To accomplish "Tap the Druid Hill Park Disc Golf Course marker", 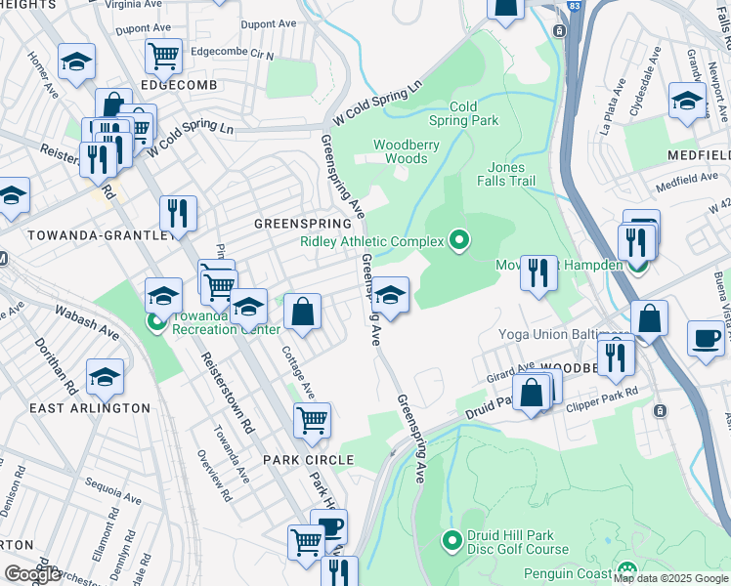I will [451, 539].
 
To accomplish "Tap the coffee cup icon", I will [706, 339].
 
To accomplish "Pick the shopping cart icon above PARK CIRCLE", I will [312, 420].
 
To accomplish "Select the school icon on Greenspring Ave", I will [390, 296].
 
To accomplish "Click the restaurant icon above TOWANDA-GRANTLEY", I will [177, 212].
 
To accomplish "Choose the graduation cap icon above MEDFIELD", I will [687, 101].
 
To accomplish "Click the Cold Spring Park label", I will [463, 113].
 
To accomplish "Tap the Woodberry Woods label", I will [401, 151].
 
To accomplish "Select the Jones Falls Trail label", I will [506, 174].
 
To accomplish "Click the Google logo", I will [33, 573].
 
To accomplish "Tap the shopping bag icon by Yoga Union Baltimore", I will [649, 317].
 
